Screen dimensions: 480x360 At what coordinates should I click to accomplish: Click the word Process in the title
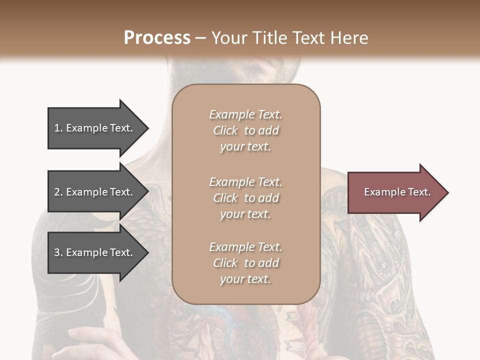tap(157, 37)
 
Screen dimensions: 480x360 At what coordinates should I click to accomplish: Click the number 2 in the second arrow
tap(57, 192)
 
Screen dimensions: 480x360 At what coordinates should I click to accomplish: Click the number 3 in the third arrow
tap(57, 252)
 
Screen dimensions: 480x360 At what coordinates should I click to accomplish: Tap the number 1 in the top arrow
tap(57, 128)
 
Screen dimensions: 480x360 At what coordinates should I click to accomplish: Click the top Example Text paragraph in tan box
tap(245, 130)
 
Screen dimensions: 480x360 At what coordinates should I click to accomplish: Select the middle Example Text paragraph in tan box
tap(245, 198)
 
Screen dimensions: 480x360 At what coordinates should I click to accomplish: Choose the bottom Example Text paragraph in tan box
tap(245, 263)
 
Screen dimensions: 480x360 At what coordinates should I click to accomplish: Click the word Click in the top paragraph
tap(225, 130)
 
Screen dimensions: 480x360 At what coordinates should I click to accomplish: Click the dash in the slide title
tap(201, 38)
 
